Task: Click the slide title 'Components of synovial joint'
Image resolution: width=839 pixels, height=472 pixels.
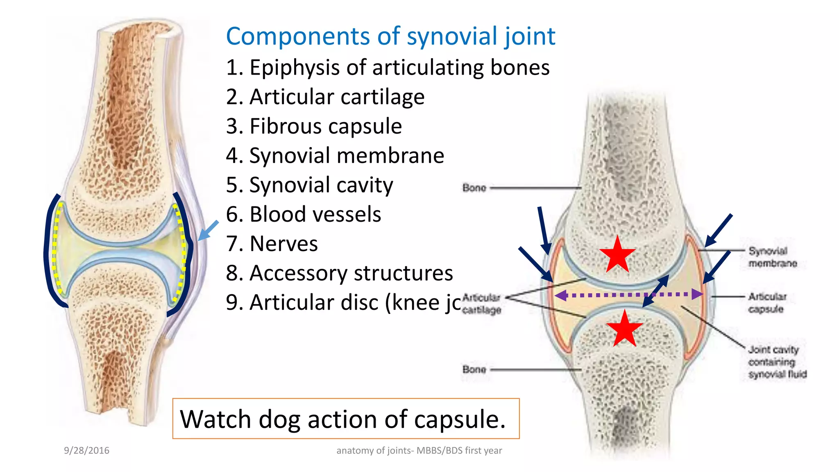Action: (390, 36)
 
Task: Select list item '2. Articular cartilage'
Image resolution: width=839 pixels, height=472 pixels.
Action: (325, 97)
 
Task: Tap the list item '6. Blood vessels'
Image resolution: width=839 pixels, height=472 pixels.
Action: (304, 214)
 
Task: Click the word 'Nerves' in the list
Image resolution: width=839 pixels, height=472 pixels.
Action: (283, 244)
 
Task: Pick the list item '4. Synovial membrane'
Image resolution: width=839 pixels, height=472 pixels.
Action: (335, 156)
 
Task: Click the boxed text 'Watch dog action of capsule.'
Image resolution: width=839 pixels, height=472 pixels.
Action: (343, 419)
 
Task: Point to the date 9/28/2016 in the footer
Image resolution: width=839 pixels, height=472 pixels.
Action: (86, 450)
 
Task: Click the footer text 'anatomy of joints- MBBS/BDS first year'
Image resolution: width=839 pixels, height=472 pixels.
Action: (419, 450)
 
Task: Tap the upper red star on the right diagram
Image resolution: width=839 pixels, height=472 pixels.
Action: (617, 254)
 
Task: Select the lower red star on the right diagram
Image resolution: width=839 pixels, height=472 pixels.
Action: (624, 329)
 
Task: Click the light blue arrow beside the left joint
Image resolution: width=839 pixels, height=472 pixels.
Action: (208, 231)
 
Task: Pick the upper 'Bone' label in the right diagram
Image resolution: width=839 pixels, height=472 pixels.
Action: (474, 188)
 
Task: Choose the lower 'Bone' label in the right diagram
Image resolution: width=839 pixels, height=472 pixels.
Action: (474, 369)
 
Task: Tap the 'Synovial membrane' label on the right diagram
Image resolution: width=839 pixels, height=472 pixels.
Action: (772, 257)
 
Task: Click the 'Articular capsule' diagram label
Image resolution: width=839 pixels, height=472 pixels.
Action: (767, 302)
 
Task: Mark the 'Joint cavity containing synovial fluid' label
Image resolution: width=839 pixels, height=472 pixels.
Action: (776, 362)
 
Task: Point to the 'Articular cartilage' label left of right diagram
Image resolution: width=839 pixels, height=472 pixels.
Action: (481, 304)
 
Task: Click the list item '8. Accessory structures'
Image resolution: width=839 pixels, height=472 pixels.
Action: (339, 273)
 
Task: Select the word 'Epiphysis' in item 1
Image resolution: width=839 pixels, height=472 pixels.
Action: (294, 68)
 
